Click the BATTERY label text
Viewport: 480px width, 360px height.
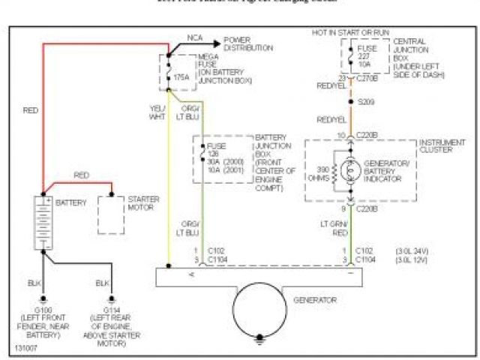coord(71,202)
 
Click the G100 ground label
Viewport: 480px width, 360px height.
coord(43,309)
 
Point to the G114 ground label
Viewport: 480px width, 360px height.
coord(103,309)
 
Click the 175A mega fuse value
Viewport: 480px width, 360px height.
coord(181,76)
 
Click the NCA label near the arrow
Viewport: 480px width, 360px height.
coord(195,36)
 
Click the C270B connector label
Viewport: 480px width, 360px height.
coord(365,77)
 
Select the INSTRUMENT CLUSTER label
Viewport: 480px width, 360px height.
coord(439,145)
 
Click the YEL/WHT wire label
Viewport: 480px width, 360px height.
coord(156,112)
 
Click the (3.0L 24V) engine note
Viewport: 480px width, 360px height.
coord(412,250)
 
